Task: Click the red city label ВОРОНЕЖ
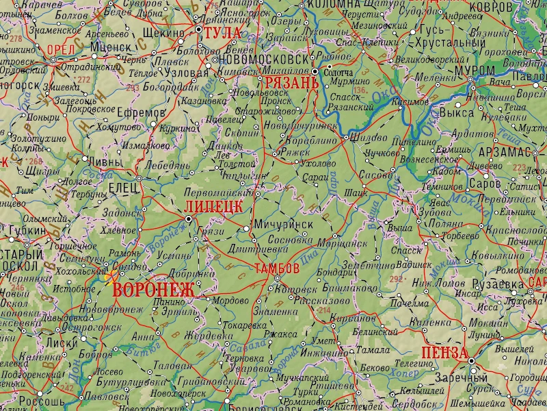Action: pos(153,289)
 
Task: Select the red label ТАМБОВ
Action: pos(276,267)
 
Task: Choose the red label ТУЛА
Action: pos(226,32)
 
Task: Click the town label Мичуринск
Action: pos(283,224)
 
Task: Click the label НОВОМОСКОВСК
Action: pos(262,60)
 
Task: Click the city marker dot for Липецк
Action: pos(189,219)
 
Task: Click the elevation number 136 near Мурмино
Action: pos(358,90)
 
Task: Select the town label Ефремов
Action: pos(142,112)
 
